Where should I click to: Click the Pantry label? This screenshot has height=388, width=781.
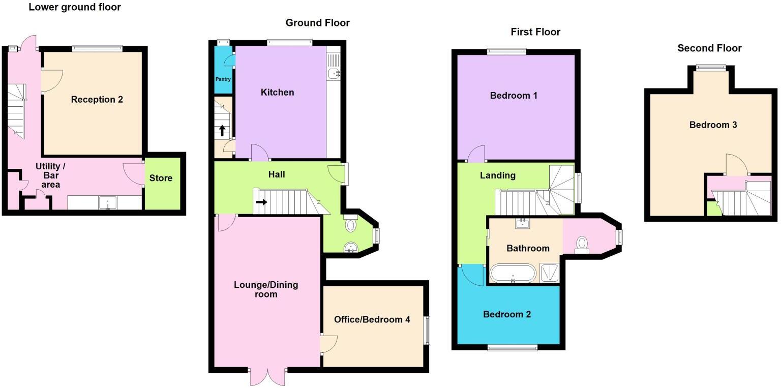pos(223,79)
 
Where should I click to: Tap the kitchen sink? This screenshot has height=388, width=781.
pos(334,74)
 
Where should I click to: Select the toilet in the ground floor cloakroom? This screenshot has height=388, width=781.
pos(351,224)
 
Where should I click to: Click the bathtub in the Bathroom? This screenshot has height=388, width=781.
pos(513,273)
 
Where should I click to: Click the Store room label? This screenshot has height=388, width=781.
pos(161,178)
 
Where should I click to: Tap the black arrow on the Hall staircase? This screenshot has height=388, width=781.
pos(261,202)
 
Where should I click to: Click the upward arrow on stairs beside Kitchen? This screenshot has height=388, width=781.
pos(222,130)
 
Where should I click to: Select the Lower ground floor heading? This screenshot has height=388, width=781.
pos(75,7)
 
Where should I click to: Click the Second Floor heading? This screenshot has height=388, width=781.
pos(709,48)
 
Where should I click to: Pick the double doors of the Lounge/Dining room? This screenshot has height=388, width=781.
pos(268,376)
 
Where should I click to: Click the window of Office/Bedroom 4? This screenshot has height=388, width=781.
pos(427,331)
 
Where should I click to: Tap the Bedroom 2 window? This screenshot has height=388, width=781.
pos(512,348)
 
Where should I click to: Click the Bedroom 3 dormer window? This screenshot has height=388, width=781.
pos(711,67)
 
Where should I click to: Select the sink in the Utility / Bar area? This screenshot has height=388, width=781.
pos(107,203)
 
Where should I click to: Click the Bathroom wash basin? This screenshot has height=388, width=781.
pos(523,223)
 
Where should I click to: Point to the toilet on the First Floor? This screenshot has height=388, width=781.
pos(582,244)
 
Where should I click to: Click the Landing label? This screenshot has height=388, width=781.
pos(498,175)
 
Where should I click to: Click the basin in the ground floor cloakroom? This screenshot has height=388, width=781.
pos(351,248)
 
